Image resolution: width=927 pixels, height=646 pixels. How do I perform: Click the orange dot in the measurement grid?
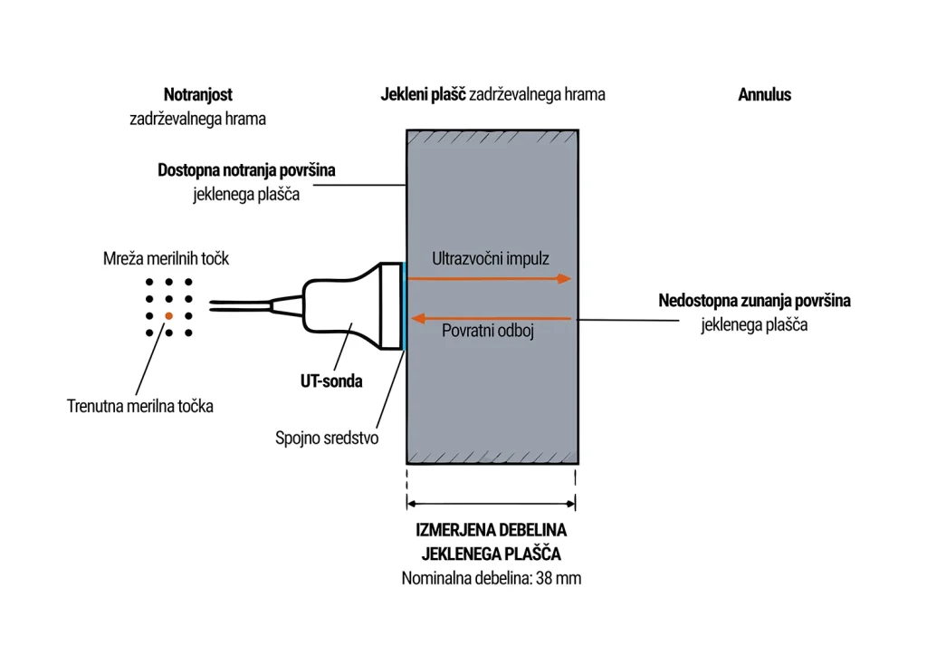169,316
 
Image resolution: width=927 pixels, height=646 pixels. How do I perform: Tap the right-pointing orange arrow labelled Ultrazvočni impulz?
490,279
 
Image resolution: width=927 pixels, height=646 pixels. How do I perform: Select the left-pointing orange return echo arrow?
491,319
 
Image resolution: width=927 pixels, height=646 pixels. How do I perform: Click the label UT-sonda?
331,381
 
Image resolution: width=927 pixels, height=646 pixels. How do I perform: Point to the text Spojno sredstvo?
327,438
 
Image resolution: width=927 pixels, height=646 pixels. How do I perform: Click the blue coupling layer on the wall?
404,306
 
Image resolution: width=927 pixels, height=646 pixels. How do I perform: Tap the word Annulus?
764,94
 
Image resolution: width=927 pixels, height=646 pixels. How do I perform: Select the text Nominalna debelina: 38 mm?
492,578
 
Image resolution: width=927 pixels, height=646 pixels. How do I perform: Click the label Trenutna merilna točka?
140,407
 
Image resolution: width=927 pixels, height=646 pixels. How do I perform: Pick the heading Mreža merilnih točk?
167,258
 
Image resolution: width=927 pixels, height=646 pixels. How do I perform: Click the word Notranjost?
198,94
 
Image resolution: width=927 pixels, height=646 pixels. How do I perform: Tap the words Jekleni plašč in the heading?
424,94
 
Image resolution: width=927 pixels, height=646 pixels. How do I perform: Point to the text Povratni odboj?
488,331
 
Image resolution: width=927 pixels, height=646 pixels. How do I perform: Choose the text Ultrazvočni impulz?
491,258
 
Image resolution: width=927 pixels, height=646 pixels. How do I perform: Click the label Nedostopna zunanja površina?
754,301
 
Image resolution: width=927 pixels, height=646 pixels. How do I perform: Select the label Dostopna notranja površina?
246,170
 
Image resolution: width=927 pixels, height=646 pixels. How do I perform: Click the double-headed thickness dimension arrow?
492,504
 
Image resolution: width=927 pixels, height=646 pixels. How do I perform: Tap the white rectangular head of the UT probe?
391,306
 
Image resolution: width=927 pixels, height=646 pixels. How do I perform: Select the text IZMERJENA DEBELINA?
492,530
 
